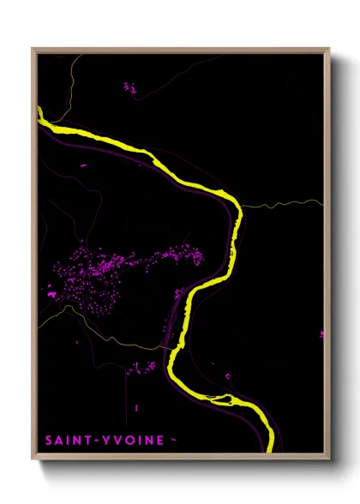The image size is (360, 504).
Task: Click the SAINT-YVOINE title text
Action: tap(104, 440)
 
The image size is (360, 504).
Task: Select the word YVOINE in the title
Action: tap(132, 440)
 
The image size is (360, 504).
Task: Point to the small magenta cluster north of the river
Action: tap(129, 87)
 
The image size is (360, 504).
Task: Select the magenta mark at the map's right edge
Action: tap(322, 333)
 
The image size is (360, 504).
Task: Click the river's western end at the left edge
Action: tap(40, 112)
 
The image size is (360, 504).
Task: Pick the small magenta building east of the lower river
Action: tap(229, 375)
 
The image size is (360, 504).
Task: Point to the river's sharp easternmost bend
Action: tap(236, 214)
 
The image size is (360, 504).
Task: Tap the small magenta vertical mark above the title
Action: tap(136, 407)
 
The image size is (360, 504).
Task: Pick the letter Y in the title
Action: tap(107, 440)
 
